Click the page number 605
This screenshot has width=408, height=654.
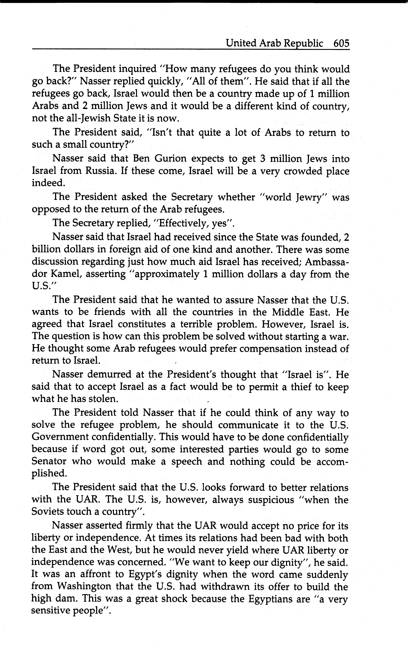click(x=341, y=43)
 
